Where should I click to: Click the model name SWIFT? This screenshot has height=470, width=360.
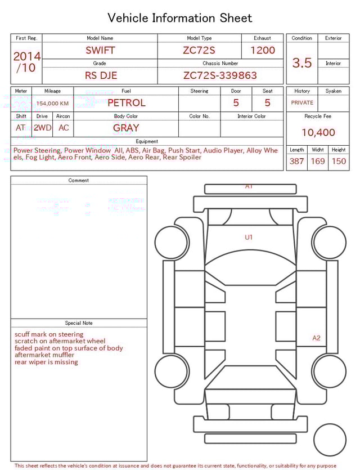(100, 50)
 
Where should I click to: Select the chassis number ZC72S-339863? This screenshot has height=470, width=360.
(220, 75)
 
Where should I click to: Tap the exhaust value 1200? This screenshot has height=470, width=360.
(263, 50)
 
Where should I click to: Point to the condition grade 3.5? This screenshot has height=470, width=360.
(301, 63)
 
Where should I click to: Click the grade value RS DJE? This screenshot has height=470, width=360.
(101, 75)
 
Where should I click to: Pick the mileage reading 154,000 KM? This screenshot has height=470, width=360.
(52, 104)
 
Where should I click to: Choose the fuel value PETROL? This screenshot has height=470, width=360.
(126, 103)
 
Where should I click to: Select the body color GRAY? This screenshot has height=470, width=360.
(126, 128)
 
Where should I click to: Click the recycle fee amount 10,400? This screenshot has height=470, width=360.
(318, 133)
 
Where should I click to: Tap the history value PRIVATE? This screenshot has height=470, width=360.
(302, 103)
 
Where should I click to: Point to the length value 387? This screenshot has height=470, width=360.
(296, 162)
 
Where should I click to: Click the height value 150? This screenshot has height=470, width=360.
(339, 162)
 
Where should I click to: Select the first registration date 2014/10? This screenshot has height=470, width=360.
(26, 62)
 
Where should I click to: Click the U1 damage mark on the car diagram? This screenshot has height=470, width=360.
(249, 238)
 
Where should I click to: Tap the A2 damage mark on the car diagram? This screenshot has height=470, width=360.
(316, 338)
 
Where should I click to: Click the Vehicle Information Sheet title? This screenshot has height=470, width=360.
(180, 18)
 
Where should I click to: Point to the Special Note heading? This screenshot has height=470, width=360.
(79, 323)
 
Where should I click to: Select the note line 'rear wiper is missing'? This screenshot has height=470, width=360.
(46, 362)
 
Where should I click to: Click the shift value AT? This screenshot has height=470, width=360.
(21, 128)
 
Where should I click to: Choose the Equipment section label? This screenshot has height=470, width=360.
(147, 141)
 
